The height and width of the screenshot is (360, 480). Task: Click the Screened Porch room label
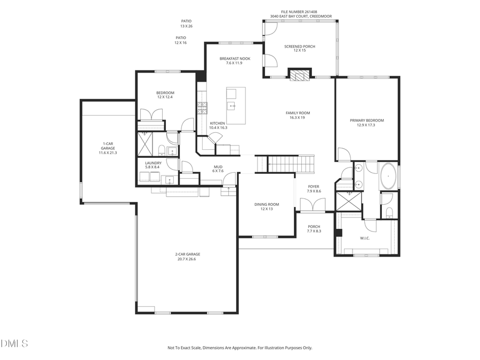[299, 49]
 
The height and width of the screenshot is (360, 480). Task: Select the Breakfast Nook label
[235, 61]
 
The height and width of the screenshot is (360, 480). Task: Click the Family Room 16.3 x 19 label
[298, 115]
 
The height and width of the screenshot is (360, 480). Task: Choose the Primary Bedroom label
[366, 123]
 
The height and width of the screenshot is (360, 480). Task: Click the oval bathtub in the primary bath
[388, 177]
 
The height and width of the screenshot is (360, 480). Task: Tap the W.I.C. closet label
[365, 238]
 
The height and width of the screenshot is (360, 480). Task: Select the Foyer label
[314, 189]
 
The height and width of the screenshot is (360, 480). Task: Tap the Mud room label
[218, 169]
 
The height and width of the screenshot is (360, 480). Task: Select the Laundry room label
[153, 165]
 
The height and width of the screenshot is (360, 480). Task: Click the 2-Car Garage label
[187, 257]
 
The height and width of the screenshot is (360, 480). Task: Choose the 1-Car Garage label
[108, 148]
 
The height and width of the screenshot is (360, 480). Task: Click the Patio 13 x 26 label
[186, 23]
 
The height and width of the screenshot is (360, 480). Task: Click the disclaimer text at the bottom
[239, 348]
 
